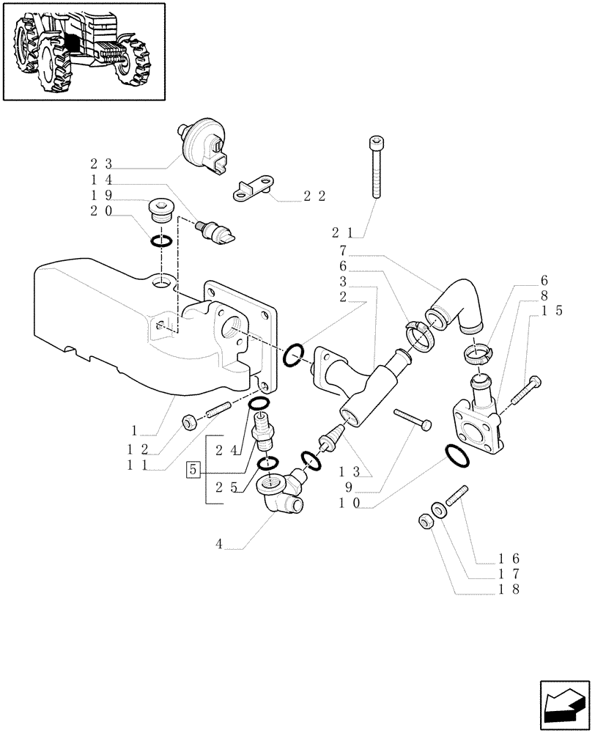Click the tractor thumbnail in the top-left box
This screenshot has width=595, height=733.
(x=83, y=51)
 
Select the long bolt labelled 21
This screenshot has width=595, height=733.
(x=376, y=168)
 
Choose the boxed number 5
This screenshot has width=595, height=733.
(x=193, y=469)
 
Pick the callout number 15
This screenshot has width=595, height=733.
(x=552, y=312)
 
